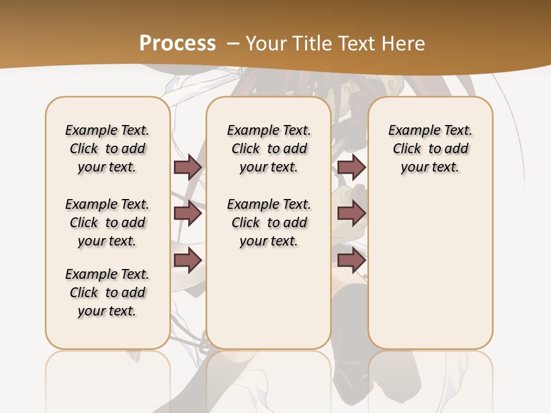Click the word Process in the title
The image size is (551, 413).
tap(177, 43)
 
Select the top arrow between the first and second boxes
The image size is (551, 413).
tap(188, 167)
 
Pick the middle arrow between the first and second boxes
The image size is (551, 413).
tap(188, 213)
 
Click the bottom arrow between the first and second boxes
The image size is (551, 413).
tap(188, 260)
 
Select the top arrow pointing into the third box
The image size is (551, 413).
tap(351, 167)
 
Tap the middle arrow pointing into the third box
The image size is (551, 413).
tap(351, 213)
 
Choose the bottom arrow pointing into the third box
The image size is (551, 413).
tap(351, 260)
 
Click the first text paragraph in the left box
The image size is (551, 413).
tap(107, 149)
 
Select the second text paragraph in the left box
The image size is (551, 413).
tap(107, 223)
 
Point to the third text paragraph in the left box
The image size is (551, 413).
tap(107, 293)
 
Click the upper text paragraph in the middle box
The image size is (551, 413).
tap(269, 149)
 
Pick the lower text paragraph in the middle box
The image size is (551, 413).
tap(269, 223)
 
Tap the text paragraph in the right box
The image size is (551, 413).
tap(430, 149)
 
